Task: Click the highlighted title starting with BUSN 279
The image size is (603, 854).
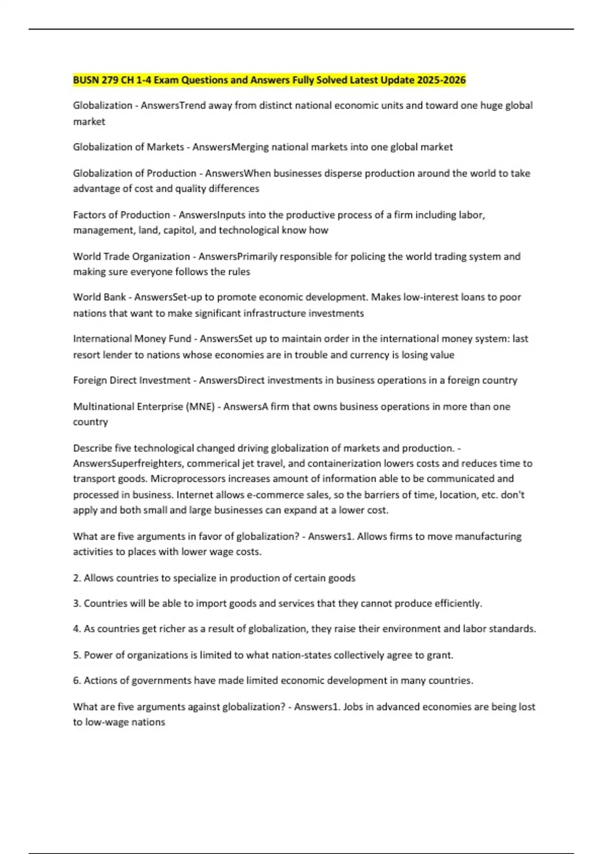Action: (269, 80)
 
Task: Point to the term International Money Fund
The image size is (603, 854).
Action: (132, 339)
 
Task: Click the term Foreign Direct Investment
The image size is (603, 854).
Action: (132, 380)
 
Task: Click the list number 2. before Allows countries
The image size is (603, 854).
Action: (77, 578)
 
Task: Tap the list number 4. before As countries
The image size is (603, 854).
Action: (77, 629)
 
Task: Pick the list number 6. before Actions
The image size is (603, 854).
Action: (77, 681)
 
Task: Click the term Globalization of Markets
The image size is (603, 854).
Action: (129, 147)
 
